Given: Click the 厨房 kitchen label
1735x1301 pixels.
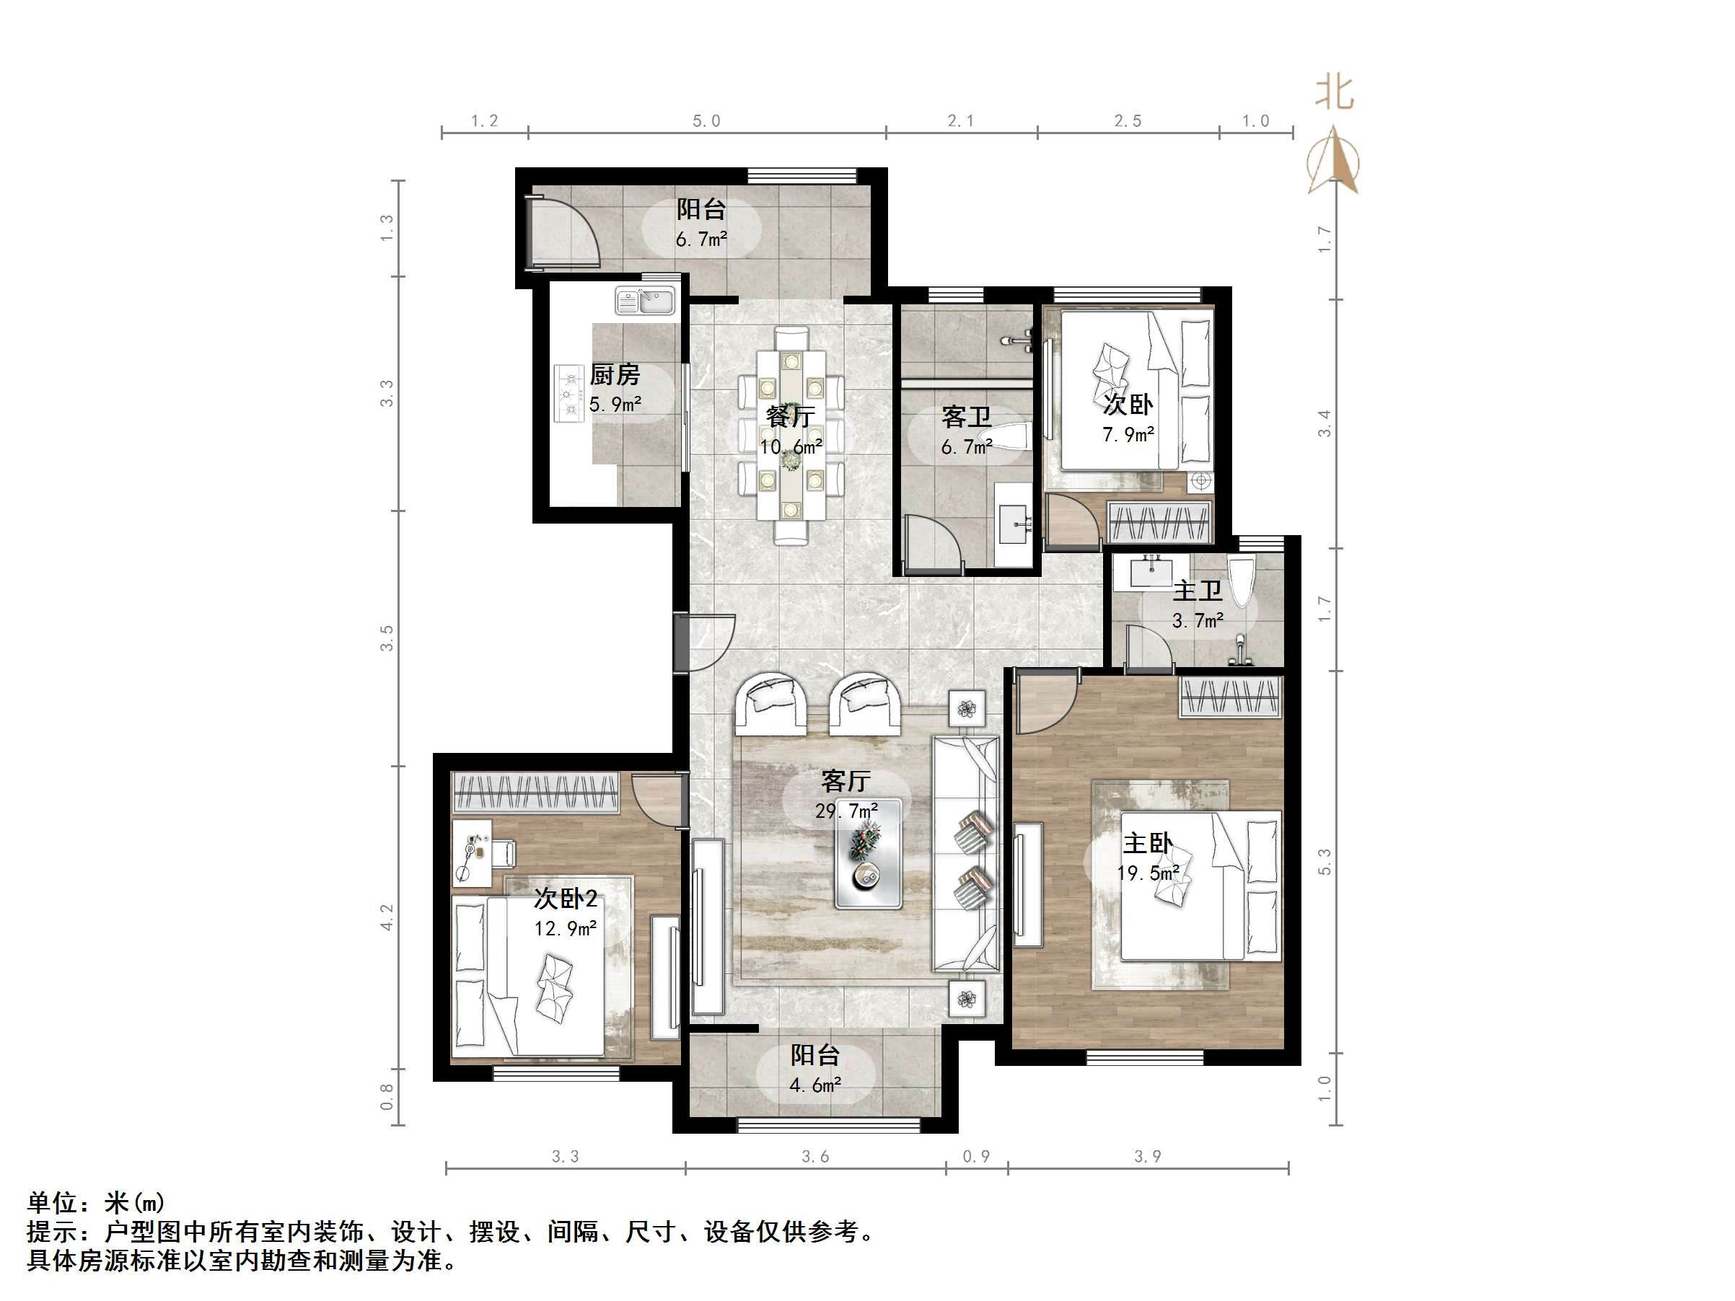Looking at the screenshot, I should click(614, 375).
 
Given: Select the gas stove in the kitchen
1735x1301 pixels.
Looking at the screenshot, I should click(568, 394).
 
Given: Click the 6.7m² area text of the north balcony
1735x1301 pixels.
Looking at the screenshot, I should click(701, 240).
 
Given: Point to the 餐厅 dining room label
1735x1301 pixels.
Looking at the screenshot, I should click(790, 416).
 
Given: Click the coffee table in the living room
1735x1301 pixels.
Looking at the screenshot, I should click(867, 853).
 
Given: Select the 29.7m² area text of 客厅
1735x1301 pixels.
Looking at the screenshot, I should click(845, 811).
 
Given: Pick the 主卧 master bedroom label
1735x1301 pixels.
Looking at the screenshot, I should click(1148, 844).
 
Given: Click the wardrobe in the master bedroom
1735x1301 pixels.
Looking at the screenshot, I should click(1230, 697).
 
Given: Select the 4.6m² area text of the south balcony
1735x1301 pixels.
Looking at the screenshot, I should click(815, 1085).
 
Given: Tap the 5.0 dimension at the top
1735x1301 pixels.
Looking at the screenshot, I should click(706, 120).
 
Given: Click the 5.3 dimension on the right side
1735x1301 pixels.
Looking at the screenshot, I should click(1325, 862).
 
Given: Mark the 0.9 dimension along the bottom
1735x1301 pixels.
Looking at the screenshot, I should click(976, 1157).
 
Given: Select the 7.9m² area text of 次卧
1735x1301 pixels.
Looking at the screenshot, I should click(1127, 434).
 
